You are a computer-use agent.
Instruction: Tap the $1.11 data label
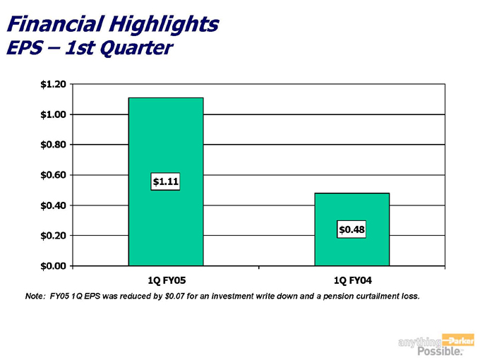pos(166,182)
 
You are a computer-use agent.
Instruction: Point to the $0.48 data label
pos(352,229)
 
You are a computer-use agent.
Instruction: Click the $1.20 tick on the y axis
pos(54,85)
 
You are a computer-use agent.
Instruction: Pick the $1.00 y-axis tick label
pos(54,114)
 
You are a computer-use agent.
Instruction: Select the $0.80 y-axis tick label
pos(54,145)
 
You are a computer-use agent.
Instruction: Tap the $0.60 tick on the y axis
pos(54,175)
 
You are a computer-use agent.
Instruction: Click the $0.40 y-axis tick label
pos(54,205)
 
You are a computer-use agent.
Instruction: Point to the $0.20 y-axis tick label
pos(54,235)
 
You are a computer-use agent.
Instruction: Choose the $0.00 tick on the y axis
pos(54,265)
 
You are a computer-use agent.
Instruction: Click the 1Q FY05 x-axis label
pos(165,280)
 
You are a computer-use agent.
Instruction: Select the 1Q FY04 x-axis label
pos(352,280)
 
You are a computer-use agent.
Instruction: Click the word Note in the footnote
pos(35,296)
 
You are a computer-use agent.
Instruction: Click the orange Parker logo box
pos(457,340)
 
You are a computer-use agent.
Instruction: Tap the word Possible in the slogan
pos(438,351)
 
